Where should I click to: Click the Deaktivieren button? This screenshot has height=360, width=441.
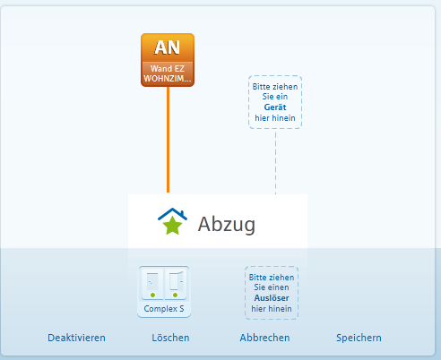[x=76, y=338]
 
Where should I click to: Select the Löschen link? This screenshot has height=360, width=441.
[x=170, y=338]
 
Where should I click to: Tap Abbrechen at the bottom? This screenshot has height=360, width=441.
[x=264, y=338]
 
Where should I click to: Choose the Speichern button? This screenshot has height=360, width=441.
[x=359, y=338]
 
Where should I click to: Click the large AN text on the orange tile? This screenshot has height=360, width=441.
[x=168, y=47]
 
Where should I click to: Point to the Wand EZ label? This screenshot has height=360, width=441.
[x=168, y=69]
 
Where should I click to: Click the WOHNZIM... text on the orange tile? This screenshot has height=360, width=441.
[x=168, y=79]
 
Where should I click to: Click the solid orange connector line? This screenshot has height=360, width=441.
[x=168, y=140]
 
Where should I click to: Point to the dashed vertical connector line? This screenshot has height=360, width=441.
[x=275, y=161]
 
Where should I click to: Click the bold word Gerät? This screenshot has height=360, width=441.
[x=275, y=107]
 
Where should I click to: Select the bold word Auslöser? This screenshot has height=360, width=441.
[x=272, y=298]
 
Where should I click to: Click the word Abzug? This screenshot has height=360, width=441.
[x=227, y=224]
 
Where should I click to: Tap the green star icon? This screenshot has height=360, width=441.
[x=172, y=226]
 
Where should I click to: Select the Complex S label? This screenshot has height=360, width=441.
[x=164, y=309]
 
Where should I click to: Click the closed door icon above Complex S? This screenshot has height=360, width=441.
[x=152, y=281]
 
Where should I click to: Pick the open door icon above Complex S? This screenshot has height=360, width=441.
[x=177, y=281]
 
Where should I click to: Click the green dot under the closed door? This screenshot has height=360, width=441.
[x=153, y=296]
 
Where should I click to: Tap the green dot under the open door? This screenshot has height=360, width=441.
[x=175, y=296]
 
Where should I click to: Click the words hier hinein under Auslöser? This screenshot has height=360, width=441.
[x=272, y=309]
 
